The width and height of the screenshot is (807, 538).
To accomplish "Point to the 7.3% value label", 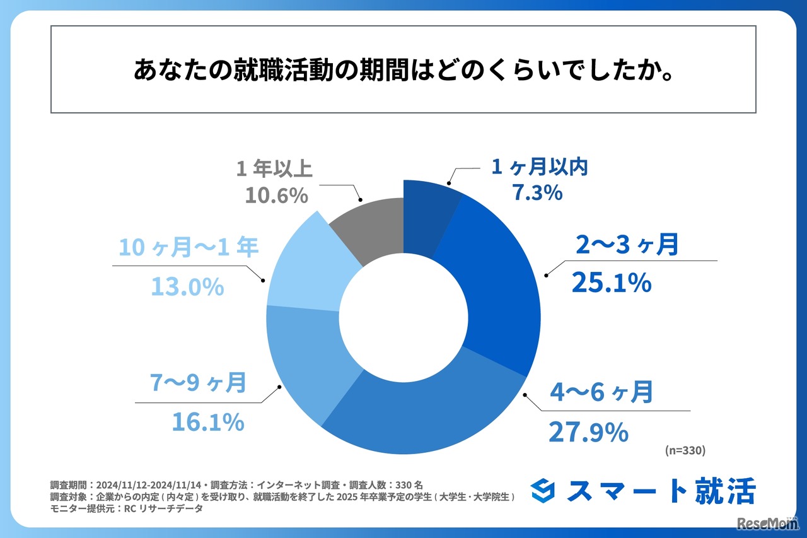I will pyautogui.click(x=537, y=192).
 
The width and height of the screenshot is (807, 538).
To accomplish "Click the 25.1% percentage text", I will pyautogui.click(x=611, y=283).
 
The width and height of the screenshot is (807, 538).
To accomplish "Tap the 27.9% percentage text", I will pyautogui.click(x=588, y=432).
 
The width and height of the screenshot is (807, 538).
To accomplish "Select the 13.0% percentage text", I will pyautogui.click(x=187, y=287).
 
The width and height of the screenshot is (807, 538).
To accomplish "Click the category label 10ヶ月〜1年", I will pyautogui.click(x=189, y=248).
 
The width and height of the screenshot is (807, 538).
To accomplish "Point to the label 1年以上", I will pyautogui.click(x=275, y=169).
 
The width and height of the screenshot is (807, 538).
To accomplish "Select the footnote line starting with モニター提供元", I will pyautogui.click(x=126, y=508).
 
